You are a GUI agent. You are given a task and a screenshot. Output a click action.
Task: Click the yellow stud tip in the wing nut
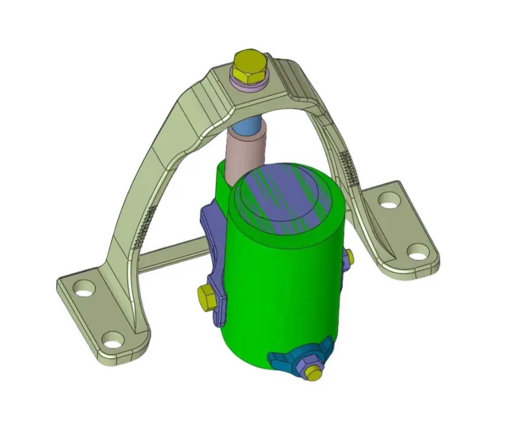tap(314, 374)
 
